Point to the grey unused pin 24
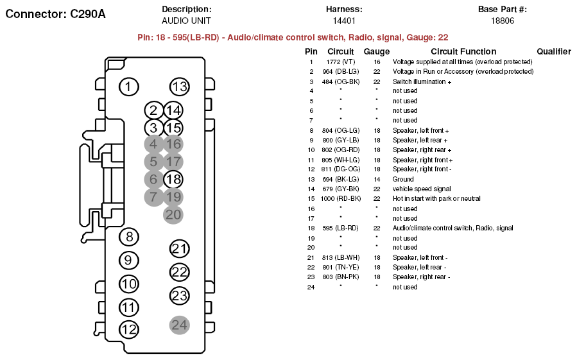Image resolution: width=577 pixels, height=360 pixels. click(x=180, y=325)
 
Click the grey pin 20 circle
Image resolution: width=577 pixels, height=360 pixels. click(x=173, y=214)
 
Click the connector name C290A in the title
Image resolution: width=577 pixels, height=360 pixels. click(x=87, y=14)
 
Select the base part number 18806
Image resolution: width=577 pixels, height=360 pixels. click(x=503, y=21)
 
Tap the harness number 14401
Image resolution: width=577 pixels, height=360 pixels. click(x=344, y=21)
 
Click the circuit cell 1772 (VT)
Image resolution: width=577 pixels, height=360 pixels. click(x=341, y=62)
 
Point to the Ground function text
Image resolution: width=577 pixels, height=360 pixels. click(x=403, y=179)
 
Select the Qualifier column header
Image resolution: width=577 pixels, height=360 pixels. click(x=554, y=51)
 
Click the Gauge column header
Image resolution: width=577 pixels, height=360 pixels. click(x=377, y=51)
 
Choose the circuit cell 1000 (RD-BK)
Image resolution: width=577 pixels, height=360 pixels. click(x=341, y=198)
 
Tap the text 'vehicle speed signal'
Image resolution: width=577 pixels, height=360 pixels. click(x=422, y=189)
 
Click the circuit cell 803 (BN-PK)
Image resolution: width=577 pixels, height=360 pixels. click(x=340, y=277)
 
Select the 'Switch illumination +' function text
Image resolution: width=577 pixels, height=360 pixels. click(x=422, y=81)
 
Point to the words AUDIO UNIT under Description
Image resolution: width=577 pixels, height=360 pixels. click(x=186, y=21)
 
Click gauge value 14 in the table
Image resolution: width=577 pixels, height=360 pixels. click(x=377, y=179)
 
